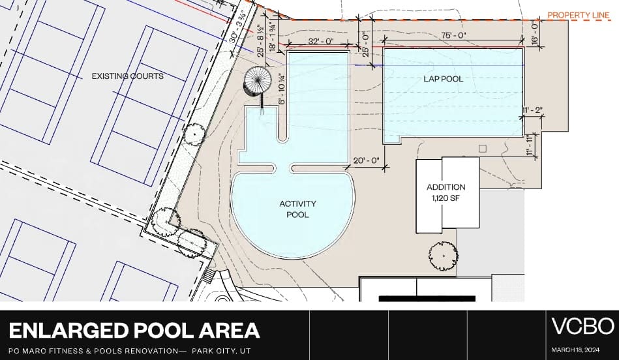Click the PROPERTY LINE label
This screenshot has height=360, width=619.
click(x=579, y=16)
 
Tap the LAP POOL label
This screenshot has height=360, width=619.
click(x=444, y=78)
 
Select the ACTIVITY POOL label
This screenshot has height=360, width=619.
click(x=297, y=209)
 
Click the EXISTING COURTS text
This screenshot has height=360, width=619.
click(x=127, y=76)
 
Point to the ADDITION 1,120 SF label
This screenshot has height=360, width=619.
click(x=446, y=192)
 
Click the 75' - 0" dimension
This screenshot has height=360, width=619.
click(x=453, y=35)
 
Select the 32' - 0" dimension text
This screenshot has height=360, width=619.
click(x=321, y=41)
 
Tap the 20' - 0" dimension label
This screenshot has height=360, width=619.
click(x=366, y=160)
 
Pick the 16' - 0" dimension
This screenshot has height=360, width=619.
click(x=536, y=34)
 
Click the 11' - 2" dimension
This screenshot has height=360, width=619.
click(x=532, y=111)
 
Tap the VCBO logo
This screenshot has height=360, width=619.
click(x=582, y=326)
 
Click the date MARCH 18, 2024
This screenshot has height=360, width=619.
click(x=575, y=350)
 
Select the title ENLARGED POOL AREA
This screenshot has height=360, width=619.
click(x=134, y=331)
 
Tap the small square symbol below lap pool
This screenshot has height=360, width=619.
click(x=483, y=149)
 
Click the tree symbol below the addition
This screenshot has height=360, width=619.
click(x=444, y=256)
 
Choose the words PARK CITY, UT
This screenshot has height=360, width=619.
click(x=222, y=351)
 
